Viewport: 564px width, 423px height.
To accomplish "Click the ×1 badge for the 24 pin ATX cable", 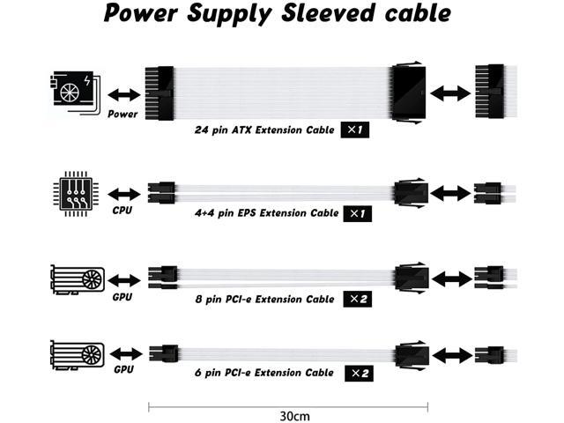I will pos(355,130).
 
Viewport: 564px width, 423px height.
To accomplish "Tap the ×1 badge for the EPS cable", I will pos(355,213).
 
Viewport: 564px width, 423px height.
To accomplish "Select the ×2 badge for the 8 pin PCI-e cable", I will pos(355,299).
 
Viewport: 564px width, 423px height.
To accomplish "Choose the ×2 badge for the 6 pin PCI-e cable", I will pos(355,373).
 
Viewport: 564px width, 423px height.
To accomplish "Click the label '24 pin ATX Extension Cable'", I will pos(264,130).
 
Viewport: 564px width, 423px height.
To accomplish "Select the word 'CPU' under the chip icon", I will pos(122,211).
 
